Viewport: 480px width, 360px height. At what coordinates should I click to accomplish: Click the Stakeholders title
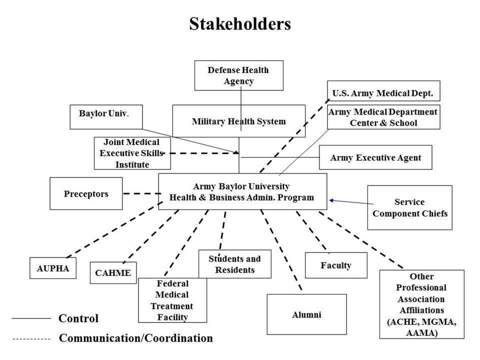(239, 24)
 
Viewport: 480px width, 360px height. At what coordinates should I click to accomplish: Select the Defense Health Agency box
(238, 75)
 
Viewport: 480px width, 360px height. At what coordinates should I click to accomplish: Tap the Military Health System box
(238, 121)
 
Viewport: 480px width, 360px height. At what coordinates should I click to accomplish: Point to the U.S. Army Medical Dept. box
(383, 93)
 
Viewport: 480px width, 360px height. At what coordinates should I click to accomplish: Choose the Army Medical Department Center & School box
(383, 117)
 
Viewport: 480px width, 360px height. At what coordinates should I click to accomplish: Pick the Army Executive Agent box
(375, 157)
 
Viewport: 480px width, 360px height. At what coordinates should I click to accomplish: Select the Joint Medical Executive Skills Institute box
(132, 153)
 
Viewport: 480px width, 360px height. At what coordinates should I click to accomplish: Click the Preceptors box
(86, 193)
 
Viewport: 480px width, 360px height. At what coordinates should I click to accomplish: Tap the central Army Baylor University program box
(242, 192)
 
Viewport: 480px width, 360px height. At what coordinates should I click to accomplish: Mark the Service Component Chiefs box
(409, 207)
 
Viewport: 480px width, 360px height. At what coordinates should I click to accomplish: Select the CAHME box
(113, 272)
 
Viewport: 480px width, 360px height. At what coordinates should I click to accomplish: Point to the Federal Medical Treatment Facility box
(172, 300)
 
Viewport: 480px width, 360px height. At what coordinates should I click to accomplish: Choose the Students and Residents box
(234, 264)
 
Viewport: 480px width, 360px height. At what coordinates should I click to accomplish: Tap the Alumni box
(306, 314)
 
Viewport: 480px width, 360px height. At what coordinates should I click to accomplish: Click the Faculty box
(336, 265)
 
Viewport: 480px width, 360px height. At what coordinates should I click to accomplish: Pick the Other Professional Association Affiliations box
(421, 304)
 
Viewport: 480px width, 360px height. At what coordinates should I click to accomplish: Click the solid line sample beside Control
(31, 318)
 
